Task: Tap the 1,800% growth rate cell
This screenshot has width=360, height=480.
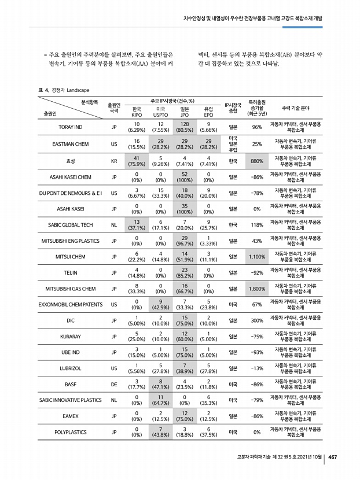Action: tap(257, 288)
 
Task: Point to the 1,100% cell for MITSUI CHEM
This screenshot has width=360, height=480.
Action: tap(257, 256)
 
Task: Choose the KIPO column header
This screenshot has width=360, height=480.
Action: tap(137, 112)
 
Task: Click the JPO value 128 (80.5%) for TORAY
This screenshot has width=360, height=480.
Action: tap(185, 127)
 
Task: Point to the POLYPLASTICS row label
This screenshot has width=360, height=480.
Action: tap(70, 431)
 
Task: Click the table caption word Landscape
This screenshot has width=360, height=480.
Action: tap(78, 90)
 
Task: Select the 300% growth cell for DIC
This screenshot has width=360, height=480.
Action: tap(257, 320)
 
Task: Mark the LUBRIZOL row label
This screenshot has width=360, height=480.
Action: tap(70, 368)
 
